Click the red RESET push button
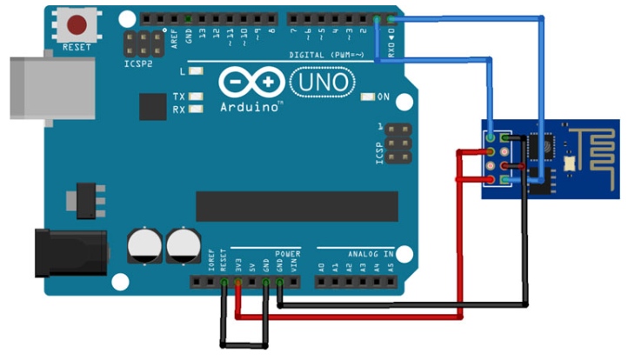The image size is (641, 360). pyautogui.click(x=77, y=23)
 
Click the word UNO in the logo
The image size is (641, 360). pyautogui.click(x=322, y=82)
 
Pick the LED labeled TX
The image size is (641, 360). pyautogui.click(x=196, y=96)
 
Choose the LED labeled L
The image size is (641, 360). pyautogui.click(x=196, y=71)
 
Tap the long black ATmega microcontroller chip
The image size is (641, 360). pyautogui.click(x=297, y=206)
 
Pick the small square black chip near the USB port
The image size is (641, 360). pyautogui.click(x=152, y=107)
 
